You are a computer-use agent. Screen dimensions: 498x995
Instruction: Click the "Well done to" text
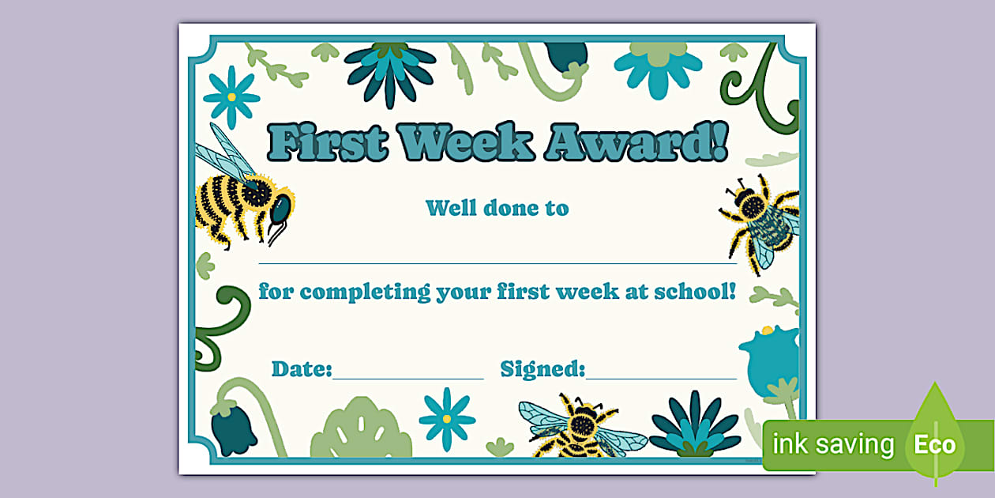(x=497, y=209)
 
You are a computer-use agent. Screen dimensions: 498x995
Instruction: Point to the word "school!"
(x=696, y=292)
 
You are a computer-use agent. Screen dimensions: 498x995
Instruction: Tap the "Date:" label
(x=302, y=369)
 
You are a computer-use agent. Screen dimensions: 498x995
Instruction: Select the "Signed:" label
(x=543, y=369)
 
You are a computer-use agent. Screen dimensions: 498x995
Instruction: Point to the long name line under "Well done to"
(x=497, y=262)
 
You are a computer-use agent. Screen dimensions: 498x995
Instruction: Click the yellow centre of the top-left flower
(x=231, y=96)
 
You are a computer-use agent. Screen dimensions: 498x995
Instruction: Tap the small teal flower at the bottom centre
(x=447, y=418)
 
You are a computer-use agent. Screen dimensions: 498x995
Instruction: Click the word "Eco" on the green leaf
(x=935, y=444)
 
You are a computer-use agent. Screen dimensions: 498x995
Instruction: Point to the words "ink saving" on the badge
(x=832, y=444)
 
